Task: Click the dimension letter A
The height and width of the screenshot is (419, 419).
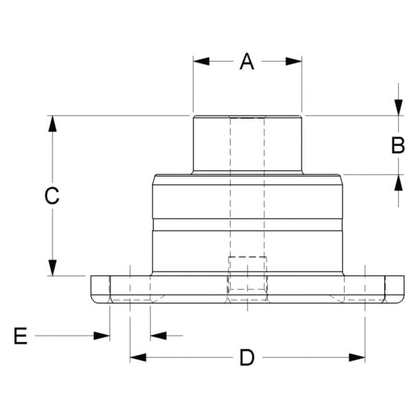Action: [247, 61]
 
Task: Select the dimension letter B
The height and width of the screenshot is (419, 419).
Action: [398, 145]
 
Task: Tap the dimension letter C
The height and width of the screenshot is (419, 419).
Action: [52, 196]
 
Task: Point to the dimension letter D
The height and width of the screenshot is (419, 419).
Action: [247, 357]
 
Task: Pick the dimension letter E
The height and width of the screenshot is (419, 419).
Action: [20, 336]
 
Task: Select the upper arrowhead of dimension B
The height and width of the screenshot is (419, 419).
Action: [398, 108]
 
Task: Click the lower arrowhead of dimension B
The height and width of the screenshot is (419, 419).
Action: [398, 182]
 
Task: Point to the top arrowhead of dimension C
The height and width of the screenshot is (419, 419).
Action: [52, 124]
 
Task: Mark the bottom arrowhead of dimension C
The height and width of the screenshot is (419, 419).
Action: [52, 268]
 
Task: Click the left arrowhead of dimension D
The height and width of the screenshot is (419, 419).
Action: [138, 357]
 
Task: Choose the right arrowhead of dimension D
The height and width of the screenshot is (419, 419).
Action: [357, 357]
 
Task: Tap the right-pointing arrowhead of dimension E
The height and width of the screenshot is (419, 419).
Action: [102, 335]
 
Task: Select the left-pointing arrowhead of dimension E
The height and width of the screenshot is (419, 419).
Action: [158, 335]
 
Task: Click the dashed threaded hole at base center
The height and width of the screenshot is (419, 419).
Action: [247, 276]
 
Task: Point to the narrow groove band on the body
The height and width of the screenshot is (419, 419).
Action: [247, 225]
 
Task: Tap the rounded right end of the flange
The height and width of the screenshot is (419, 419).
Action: [400, 289]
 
